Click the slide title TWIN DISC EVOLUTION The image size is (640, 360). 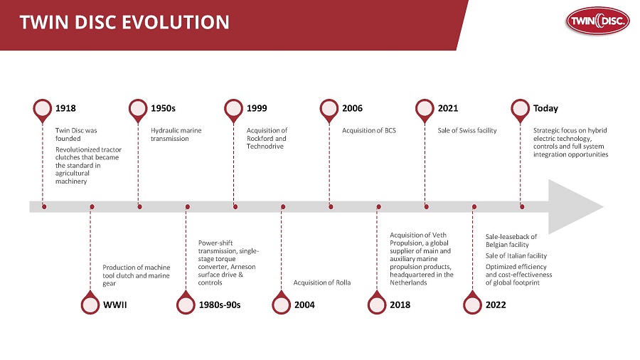tap(124, 23)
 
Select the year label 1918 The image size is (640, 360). tap(65, 109)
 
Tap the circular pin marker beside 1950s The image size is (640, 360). tap(138, 108)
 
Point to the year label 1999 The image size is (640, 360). tap(257, 109)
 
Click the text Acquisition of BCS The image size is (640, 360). tap(368, 131)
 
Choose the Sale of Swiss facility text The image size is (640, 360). tap(466, 131)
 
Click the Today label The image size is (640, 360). tap(545, 109)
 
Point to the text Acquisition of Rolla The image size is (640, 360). tap(322, 282)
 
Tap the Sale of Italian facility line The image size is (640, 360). tap(516, 255)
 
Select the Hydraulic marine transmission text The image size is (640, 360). tap(175, 134)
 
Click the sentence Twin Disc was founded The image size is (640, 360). tap(76, 134)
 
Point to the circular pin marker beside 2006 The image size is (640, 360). tap(329, 108)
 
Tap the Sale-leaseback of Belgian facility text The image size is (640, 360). tap(511, 240)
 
